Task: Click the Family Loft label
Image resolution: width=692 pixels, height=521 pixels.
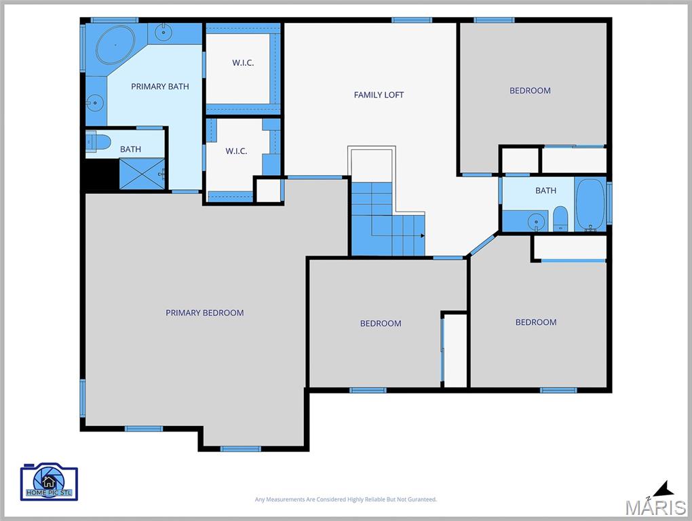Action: pos(379,95)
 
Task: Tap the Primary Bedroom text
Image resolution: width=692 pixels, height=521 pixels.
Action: pos(205,313)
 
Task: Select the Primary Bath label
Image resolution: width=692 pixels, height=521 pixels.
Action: pos(159,86)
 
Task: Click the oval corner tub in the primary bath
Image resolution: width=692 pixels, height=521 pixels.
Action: pos(115,45)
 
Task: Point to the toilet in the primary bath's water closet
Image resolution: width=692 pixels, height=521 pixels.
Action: pos(98,141)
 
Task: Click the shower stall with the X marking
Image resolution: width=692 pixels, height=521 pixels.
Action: pos(142,174)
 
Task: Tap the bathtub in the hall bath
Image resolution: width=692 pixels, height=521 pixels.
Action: pos(590,204)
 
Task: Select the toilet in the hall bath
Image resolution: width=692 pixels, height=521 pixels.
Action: pos(560,218)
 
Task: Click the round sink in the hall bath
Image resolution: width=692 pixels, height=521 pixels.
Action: pos(536,220)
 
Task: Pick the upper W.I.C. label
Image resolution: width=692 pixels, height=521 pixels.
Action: pos(243,62)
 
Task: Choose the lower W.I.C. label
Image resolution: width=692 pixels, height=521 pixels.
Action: pos(237,151)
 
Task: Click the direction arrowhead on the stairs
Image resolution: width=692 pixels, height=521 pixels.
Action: pos(423,235)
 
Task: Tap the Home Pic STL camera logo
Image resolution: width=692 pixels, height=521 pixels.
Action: pos(49,482)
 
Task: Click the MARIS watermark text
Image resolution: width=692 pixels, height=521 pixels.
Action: pos(655,507)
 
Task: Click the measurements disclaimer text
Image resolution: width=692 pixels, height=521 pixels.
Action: pos(345,499)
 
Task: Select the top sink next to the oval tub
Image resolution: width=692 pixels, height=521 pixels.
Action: pos(164,32)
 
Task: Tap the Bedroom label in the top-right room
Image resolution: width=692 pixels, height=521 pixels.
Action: pos(530,90)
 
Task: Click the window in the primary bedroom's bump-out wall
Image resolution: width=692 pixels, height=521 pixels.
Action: pos(241,449)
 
